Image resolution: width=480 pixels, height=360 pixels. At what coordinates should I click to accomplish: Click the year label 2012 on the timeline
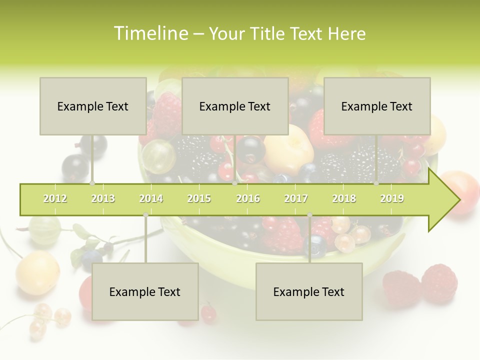pyautogui.click(x=55, y=198)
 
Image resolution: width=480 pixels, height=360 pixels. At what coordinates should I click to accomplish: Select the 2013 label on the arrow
pyautogui.click(x=103, y=198)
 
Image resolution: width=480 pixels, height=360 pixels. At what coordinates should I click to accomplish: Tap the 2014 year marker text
pyautogui.click(x=151, y=198)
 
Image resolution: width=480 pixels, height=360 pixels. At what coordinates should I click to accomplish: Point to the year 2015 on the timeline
pyautogui.click(x=199, y=198)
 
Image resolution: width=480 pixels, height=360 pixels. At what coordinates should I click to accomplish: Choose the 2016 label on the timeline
pyautogui.click(x=248, y=198)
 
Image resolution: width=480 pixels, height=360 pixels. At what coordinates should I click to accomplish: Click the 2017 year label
pyautogui.click(x=296, y=198)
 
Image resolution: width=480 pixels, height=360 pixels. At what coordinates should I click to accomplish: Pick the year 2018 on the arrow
pyautogui.click(x=344, y=198)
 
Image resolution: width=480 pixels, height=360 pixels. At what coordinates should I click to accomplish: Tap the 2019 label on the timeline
pyautogui.click(x=392, y=198)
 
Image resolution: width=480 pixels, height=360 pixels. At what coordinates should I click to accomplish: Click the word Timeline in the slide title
pyautogui.click(x=150, y=33)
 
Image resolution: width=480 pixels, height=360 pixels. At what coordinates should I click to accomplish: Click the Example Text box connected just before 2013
pyautogui.click(x=93, y=106)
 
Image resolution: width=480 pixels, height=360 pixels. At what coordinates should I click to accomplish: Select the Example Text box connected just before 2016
pyautogui.click(x=235, y=106)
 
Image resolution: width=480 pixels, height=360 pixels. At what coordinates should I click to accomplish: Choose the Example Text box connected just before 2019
pyautogui.click(x=377, y=106)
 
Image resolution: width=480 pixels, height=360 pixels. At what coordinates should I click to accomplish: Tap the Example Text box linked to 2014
pyautogui.click(x=145, y=291)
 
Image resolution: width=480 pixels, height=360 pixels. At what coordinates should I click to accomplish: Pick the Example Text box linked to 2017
pyautogui.click(x=309, y=291)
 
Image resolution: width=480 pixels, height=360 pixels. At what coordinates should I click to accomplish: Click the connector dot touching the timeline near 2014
pyautogui.click(x=145, y=214)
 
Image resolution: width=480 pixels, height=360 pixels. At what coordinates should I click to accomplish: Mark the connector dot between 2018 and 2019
pyautogui.click(x=376, y=183)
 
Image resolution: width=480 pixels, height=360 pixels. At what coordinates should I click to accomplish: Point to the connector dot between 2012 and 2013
pyautogui.click(x=92, y=183)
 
